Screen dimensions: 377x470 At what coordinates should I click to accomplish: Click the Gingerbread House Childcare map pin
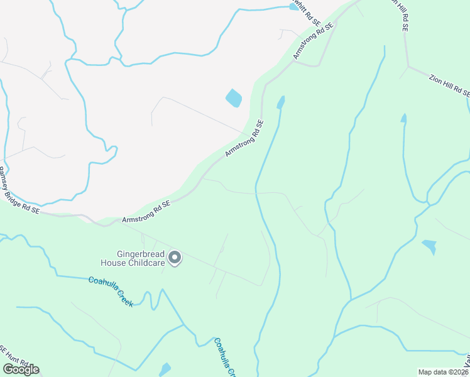click(x=175, y=258)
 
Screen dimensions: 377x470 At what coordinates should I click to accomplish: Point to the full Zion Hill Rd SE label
click(x=450, y=85)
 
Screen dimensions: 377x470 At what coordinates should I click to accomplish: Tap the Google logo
click(x=21, y=369)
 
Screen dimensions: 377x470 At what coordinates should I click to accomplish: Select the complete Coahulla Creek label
click(x=111, y=292)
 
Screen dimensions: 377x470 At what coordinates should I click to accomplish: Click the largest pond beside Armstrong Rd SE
click(x=234, y=98)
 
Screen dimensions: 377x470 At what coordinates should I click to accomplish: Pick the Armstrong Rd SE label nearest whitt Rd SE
click(x=312, y=41)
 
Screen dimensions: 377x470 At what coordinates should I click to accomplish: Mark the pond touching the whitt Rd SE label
click(x=293, y=6)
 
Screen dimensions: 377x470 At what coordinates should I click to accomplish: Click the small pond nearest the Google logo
click(x=165, y=369)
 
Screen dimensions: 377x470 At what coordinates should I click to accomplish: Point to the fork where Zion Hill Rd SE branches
click(x=408, y=66)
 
